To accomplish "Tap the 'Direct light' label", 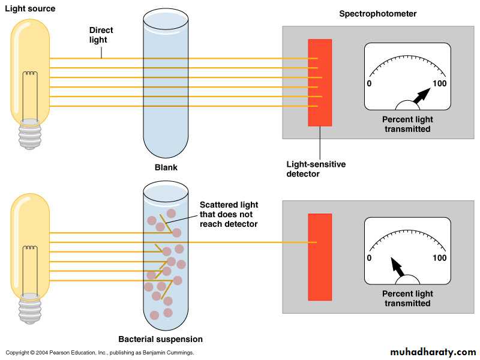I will [x=101, y=35].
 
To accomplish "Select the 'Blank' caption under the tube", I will [x=166, y=167].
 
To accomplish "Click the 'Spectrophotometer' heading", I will [x=378, y=13].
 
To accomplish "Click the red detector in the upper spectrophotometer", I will [x=320, y=82].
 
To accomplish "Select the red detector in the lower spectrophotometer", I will [x=320, y=257].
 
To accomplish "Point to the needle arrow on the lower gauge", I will [x=397, y=268].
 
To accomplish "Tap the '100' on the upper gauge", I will [x=440, y=83].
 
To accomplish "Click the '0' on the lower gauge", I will [x=369, y=258].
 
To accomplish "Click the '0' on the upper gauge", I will [x=369, y=83].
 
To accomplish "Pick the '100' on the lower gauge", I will [x=440, y=258].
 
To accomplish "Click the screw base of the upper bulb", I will [x=29, y=134].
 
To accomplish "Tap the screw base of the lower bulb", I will [x=29, y=308].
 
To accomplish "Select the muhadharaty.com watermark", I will [x=433, y=351].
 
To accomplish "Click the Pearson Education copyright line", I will [x=100, y=353].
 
